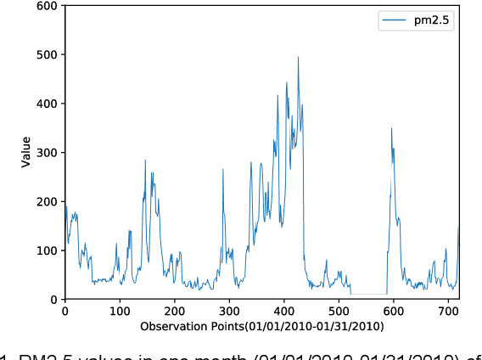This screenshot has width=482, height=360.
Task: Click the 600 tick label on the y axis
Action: (x=48, y=6)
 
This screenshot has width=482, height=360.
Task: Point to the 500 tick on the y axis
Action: (x=48, y=54)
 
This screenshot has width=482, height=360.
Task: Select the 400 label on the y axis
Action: (x=48, y=104)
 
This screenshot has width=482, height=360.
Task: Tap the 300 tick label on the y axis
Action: (x=48, y=153)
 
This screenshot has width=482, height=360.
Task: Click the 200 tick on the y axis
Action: (x=48, y=201)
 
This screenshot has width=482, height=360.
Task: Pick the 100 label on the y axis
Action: (x=48, y=250)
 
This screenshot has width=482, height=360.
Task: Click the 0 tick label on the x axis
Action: (x=65, y=312)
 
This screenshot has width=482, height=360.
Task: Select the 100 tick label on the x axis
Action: (x=120, y=312)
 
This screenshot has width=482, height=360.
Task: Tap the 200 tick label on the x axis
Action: (x=175, y=312)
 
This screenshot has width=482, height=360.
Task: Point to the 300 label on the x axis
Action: (x=229, y=312)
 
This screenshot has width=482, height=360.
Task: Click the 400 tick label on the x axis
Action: (x=284, y=312)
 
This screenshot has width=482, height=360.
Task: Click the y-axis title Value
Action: (x=25, y=153)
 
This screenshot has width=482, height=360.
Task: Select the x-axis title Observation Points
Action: (x=262, y=326)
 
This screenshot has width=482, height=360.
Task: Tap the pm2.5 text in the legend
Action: (x=434, y=21)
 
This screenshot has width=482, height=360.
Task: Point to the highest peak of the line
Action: (x=298, y=57)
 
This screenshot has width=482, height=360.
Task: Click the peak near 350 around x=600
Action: (x=391, y=128)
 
